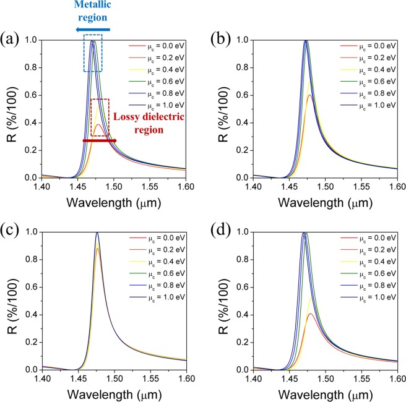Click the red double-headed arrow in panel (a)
tap(99, 141)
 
